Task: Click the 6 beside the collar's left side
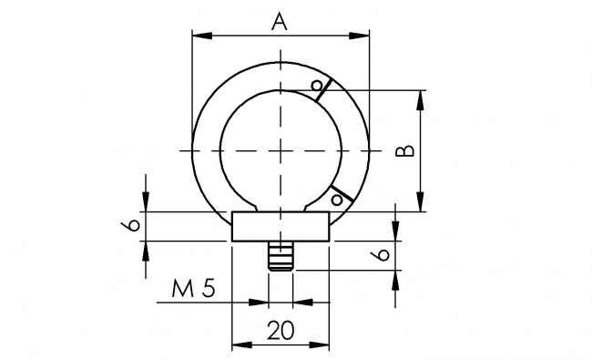(x=133, y=225)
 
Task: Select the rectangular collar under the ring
(x=281, y=226)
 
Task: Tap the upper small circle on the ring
(x=316, y=87)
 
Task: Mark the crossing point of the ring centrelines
(x=281, y=149)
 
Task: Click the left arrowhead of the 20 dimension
(x=240, y=345)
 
